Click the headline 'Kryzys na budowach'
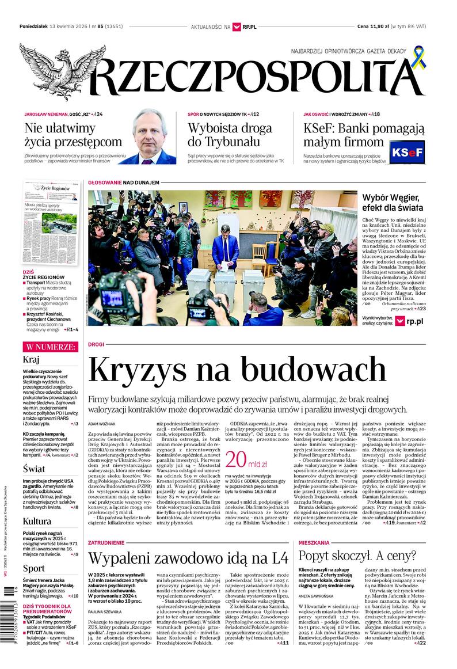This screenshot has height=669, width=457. pyautogui.click(x=237, y=371)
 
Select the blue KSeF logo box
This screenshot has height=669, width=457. pyautogui.click(x=407, y=153)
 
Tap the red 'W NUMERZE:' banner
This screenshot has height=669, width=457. pyautogui.click(x=50, y=347)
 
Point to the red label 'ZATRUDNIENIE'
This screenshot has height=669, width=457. pyautogui.click(x=106, y=542)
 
